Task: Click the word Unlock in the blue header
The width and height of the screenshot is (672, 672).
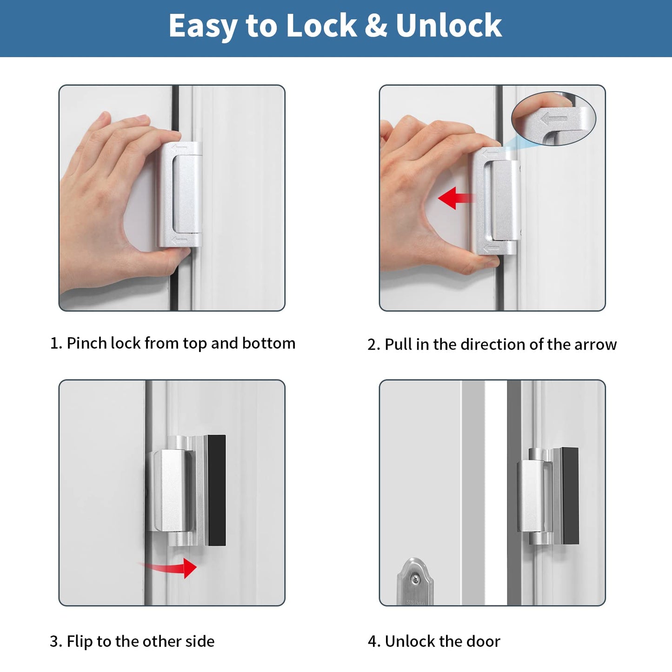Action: coord(448,26)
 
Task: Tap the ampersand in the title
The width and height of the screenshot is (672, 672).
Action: coord(376,26)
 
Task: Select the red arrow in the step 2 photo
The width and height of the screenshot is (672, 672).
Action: coord(455,199)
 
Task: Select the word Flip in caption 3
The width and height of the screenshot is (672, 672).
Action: coord(80,641)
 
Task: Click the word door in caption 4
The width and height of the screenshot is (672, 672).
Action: coord(483,641)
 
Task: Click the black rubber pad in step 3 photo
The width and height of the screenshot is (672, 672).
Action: coord(216,490)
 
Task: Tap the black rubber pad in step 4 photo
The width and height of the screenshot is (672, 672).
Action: coord(570,496)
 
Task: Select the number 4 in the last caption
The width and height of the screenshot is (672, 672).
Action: coord(372,642)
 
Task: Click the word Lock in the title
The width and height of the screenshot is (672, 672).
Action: coord(321,26)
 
